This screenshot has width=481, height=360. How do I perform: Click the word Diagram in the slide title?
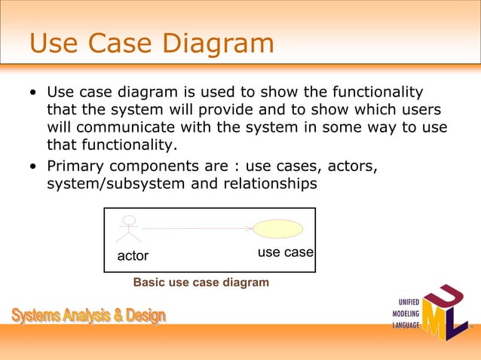coord(218,44)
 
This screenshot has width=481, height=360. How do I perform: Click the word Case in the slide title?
coord(120,43)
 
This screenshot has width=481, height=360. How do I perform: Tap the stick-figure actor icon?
coord(129,229)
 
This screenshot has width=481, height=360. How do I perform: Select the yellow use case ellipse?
coord(278,229)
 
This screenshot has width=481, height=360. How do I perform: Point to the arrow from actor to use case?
coord(198,228)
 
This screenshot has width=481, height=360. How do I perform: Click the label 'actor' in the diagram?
coord(133,256)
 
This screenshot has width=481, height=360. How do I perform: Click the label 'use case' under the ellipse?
coord(286,252)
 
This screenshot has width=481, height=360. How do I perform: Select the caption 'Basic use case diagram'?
coord(201,282)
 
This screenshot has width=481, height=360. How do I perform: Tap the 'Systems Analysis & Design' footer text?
coord(89,316)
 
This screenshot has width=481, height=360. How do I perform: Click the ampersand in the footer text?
coord(118,316)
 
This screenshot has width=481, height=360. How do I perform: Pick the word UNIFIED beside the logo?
coord(409,302)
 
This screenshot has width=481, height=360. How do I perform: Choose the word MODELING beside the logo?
coord(406,313)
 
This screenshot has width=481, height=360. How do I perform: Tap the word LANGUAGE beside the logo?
coord(406,325)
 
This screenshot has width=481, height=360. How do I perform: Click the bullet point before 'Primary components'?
coord(33,166)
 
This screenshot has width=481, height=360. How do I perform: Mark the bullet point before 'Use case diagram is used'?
coord(33,92)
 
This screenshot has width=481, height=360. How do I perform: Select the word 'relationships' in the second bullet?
coord(270,184)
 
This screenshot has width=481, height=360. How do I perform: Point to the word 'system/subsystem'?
coord(116,184)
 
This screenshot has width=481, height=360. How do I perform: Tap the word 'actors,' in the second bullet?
coord(353,166)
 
